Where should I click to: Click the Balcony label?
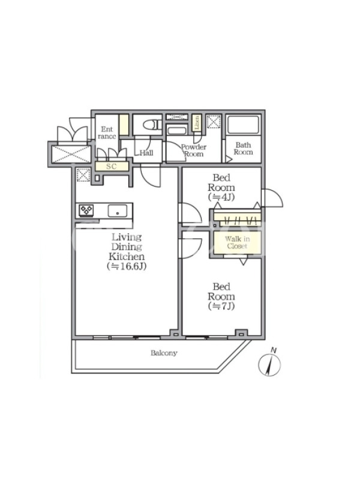(164, 353)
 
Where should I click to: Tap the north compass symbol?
(269, 363)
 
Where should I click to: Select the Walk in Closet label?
(237, 242)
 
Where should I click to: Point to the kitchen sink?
(117, 211)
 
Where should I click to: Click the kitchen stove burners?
(86, 211)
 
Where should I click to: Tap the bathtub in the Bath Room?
(244, 125)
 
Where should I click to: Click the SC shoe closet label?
(112, 167)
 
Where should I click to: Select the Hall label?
(146, 153)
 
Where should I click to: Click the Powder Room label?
(194, 151)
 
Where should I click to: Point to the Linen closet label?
(197, 122)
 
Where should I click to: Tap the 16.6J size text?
(127, 266)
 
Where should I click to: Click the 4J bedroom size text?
(221, 197)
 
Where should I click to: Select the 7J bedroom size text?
(221, 306)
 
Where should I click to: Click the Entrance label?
(107, 133)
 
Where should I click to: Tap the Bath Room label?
(244, 148)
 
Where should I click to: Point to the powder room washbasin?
(176, 131)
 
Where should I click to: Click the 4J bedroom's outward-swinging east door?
(272, 198)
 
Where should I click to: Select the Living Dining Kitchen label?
(127, 247)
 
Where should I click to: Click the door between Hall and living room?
(151, 175)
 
